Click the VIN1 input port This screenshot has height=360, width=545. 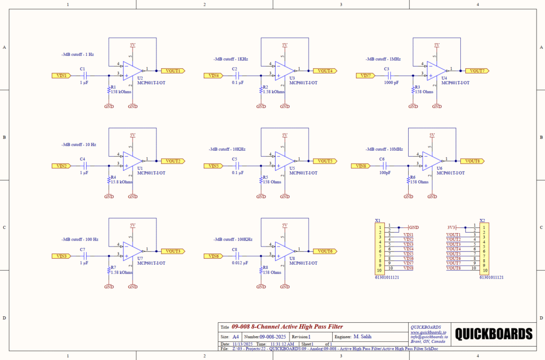coord(61,76)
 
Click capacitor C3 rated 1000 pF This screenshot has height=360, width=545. coord(390,76)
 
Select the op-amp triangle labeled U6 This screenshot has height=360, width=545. coord(432,160)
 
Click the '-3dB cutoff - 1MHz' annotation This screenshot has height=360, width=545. coord(383,59)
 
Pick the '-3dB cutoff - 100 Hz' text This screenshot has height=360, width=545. coord(80,240)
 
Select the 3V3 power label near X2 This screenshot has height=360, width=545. coord(451,227)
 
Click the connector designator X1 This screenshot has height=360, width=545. coord(377,220)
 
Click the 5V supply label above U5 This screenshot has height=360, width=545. coord(285,135)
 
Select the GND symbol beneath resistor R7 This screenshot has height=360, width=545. coord(109,287)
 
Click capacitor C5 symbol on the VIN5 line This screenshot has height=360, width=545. coord(237,166)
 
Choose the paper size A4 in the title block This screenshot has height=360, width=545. coord(235,337)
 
